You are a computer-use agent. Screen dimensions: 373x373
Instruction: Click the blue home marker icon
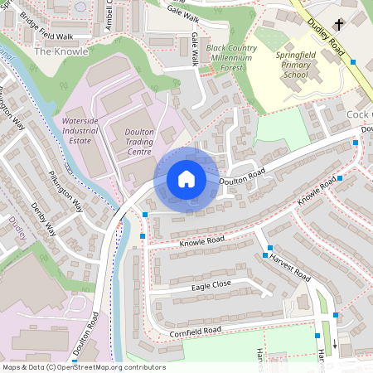(186, 178)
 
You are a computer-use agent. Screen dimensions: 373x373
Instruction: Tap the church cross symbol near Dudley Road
(340, 24)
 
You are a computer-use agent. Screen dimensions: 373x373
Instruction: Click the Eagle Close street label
(211, 284)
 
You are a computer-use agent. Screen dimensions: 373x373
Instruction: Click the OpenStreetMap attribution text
(83, 367)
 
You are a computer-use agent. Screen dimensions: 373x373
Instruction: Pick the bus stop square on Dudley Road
(354, 62)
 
